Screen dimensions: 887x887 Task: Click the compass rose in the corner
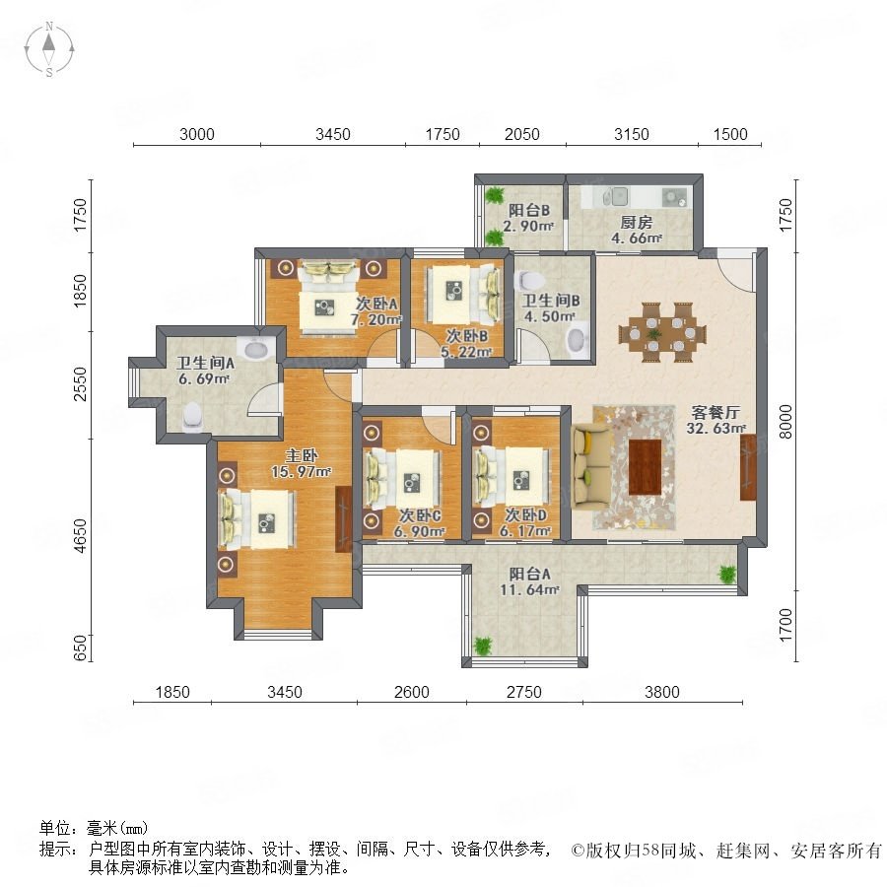[x=49, y=49]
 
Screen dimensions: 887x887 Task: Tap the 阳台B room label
[x=529, y=211]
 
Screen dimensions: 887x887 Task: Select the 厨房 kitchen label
[x=636, y=223]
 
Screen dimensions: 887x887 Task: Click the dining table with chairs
[x=662, y=331]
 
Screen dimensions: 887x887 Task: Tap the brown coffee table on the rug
[x=646, y=467]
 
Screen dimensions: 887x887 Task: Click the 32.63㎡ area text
[x=716, y=429]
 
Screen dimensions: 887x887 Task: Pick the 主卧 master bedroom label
[x=301, y=455]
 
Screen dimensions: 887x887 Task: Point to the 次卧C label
[x=420, y=515]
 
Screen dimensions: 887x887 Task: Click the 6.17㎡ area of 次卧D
[x=525, y=530]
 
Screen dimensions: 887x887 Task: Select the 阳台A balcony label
[x=529, y=575]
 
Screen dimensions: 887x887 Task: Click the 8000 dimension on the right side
[x=785, y=422]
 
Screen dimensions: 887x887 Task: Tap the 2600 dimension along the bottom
[x=411, y=692]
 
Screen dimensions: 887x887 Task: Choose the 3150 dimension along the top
[x=632, y=134]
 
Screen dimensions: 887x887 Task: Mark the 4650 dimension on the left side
[x=82, y=536]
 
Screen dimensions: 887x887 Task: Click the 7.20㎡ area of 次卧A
[x=376, y=319]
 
